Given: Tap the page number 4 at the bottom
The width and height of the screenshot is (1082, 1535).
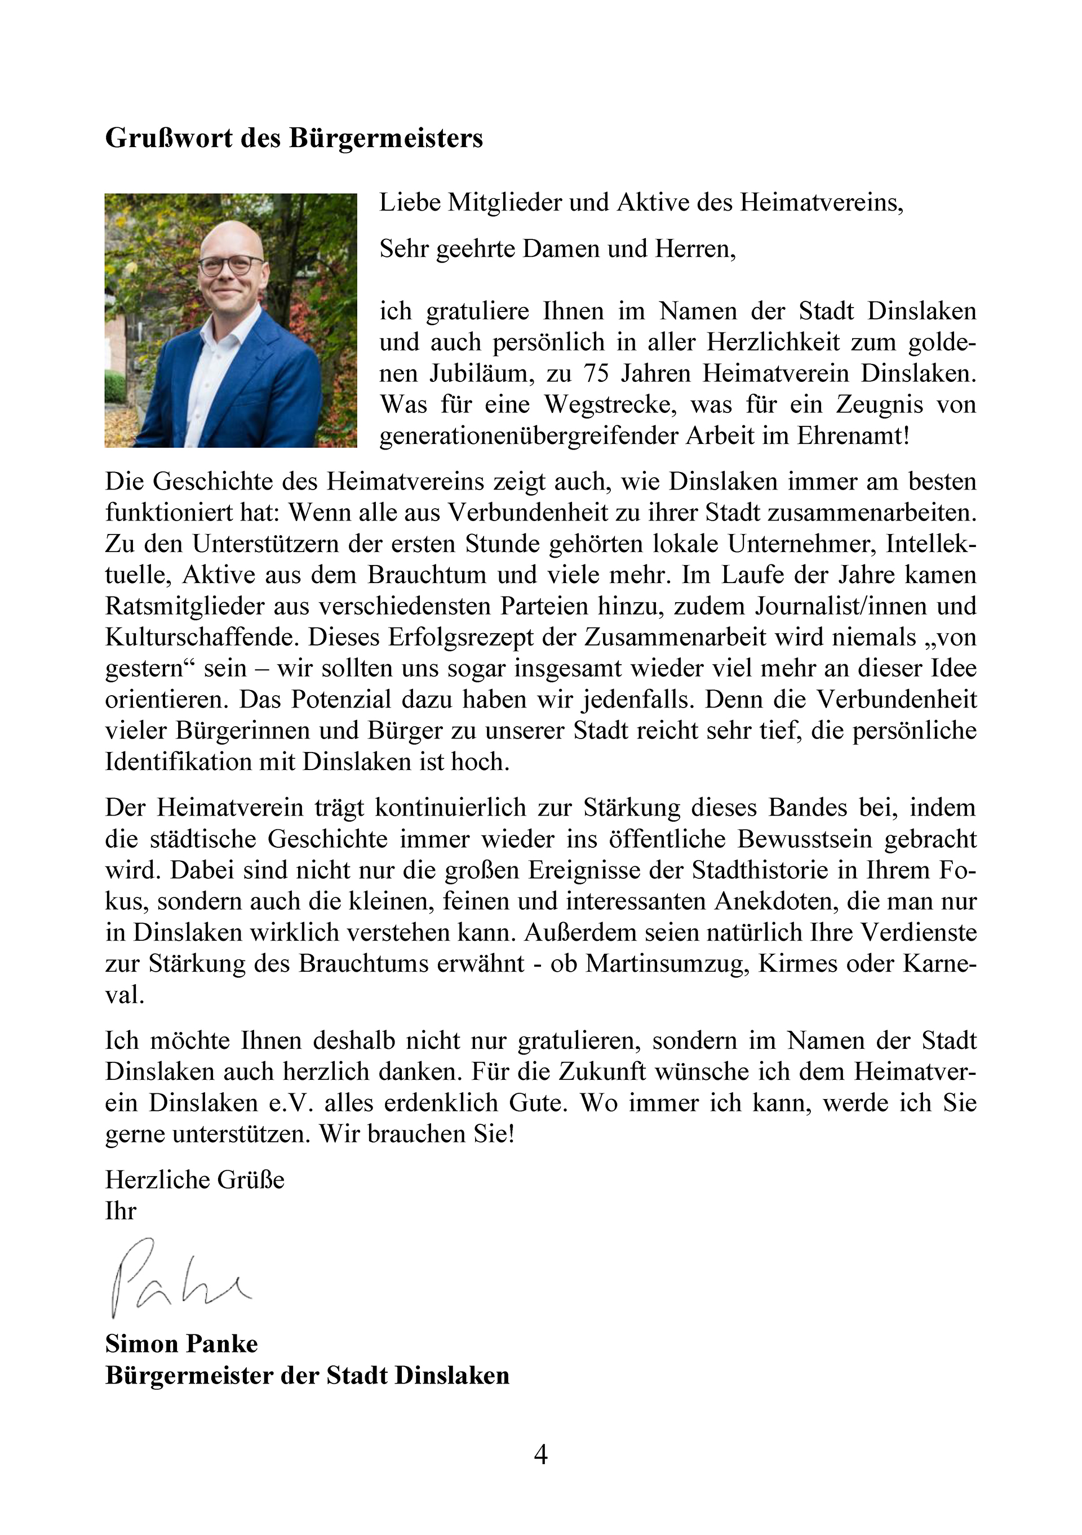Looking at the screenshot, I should click(540, 1454).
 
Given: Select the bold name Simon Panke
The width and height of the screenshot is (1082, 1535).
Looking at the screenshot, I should click(181, 1343).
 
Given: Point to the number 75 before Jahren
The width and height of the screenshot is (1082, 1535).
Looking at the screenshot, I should click(596, 373).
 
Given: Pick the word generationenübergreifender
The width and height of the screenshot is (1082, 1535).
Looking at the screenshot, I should click(529, 436).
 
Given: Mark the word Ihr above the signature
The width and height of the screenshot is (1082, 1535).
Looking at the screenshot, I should click(121, 1211).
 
